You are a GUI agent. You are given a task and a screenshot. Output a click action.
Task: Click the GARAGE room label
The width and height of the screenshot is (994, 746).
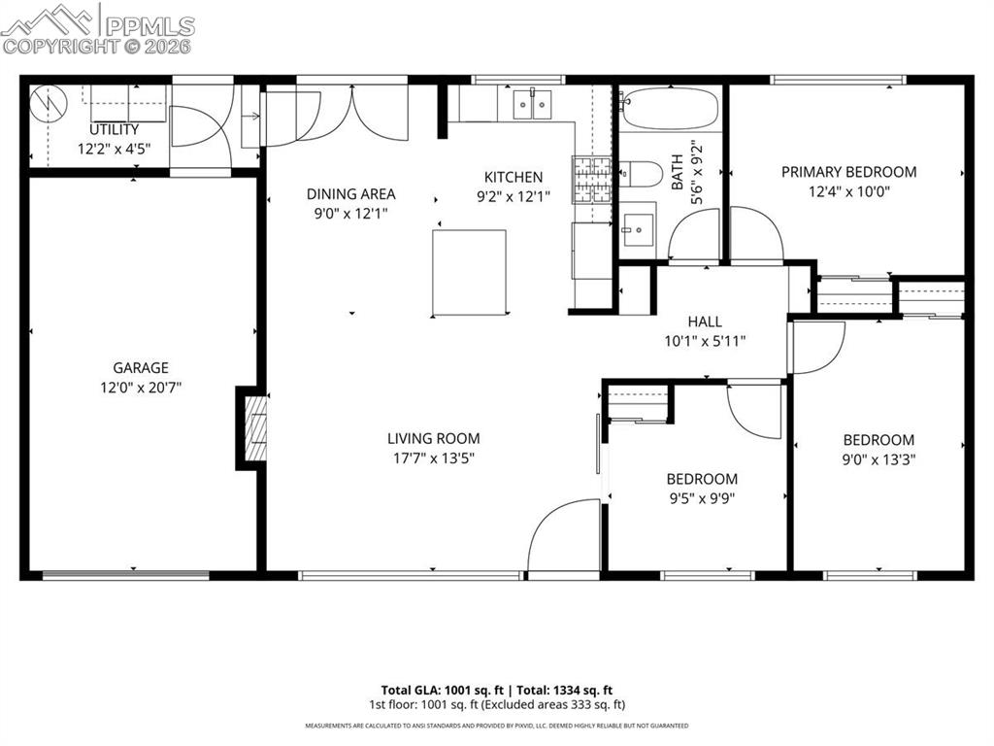click(141, 367)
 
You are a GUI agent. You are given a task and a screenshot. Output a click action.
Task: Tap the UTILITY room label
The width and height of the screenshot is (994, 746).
click(115, 129)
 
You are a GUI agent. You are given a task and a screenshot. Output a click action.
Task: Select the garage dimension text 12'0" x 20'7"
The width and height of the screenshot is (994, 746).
click(141, 387)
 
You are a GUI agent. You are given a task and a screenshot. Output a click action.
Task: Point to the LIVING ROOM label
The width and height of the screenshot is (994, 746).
click(433, 438)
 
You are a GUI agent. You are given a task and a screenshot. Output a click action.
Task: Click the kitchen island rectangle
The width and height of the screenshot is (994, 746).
click(469, 272)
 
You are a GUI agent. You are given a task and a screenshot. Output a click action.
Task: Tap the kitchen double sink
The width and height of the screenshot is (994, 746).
click(530, 103)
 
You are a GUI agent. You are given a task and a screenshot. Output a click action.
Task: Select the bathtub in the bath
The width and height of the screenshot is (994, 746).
click(670, 108)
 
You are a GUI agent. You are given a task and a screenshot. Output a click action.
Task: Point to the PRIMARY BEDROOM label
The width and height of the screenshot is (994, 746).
click(848, 172)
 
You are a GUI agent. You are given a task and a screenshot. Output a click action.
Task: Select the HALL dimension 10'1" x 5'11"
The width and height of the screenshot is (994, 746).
click(704, 340)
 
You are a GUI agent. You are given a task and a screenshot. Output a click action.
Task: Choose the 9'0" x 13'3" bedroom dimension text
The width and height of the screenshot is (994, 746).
click(878, 459)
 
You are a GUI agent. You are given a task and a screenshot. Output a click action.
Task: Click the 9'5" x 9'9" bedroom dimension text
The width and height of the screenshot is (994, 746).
click(701, 498)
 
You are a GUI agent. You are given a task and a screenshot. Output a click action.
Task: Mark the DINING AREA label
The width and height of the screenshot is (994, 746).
click(350, 193)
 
